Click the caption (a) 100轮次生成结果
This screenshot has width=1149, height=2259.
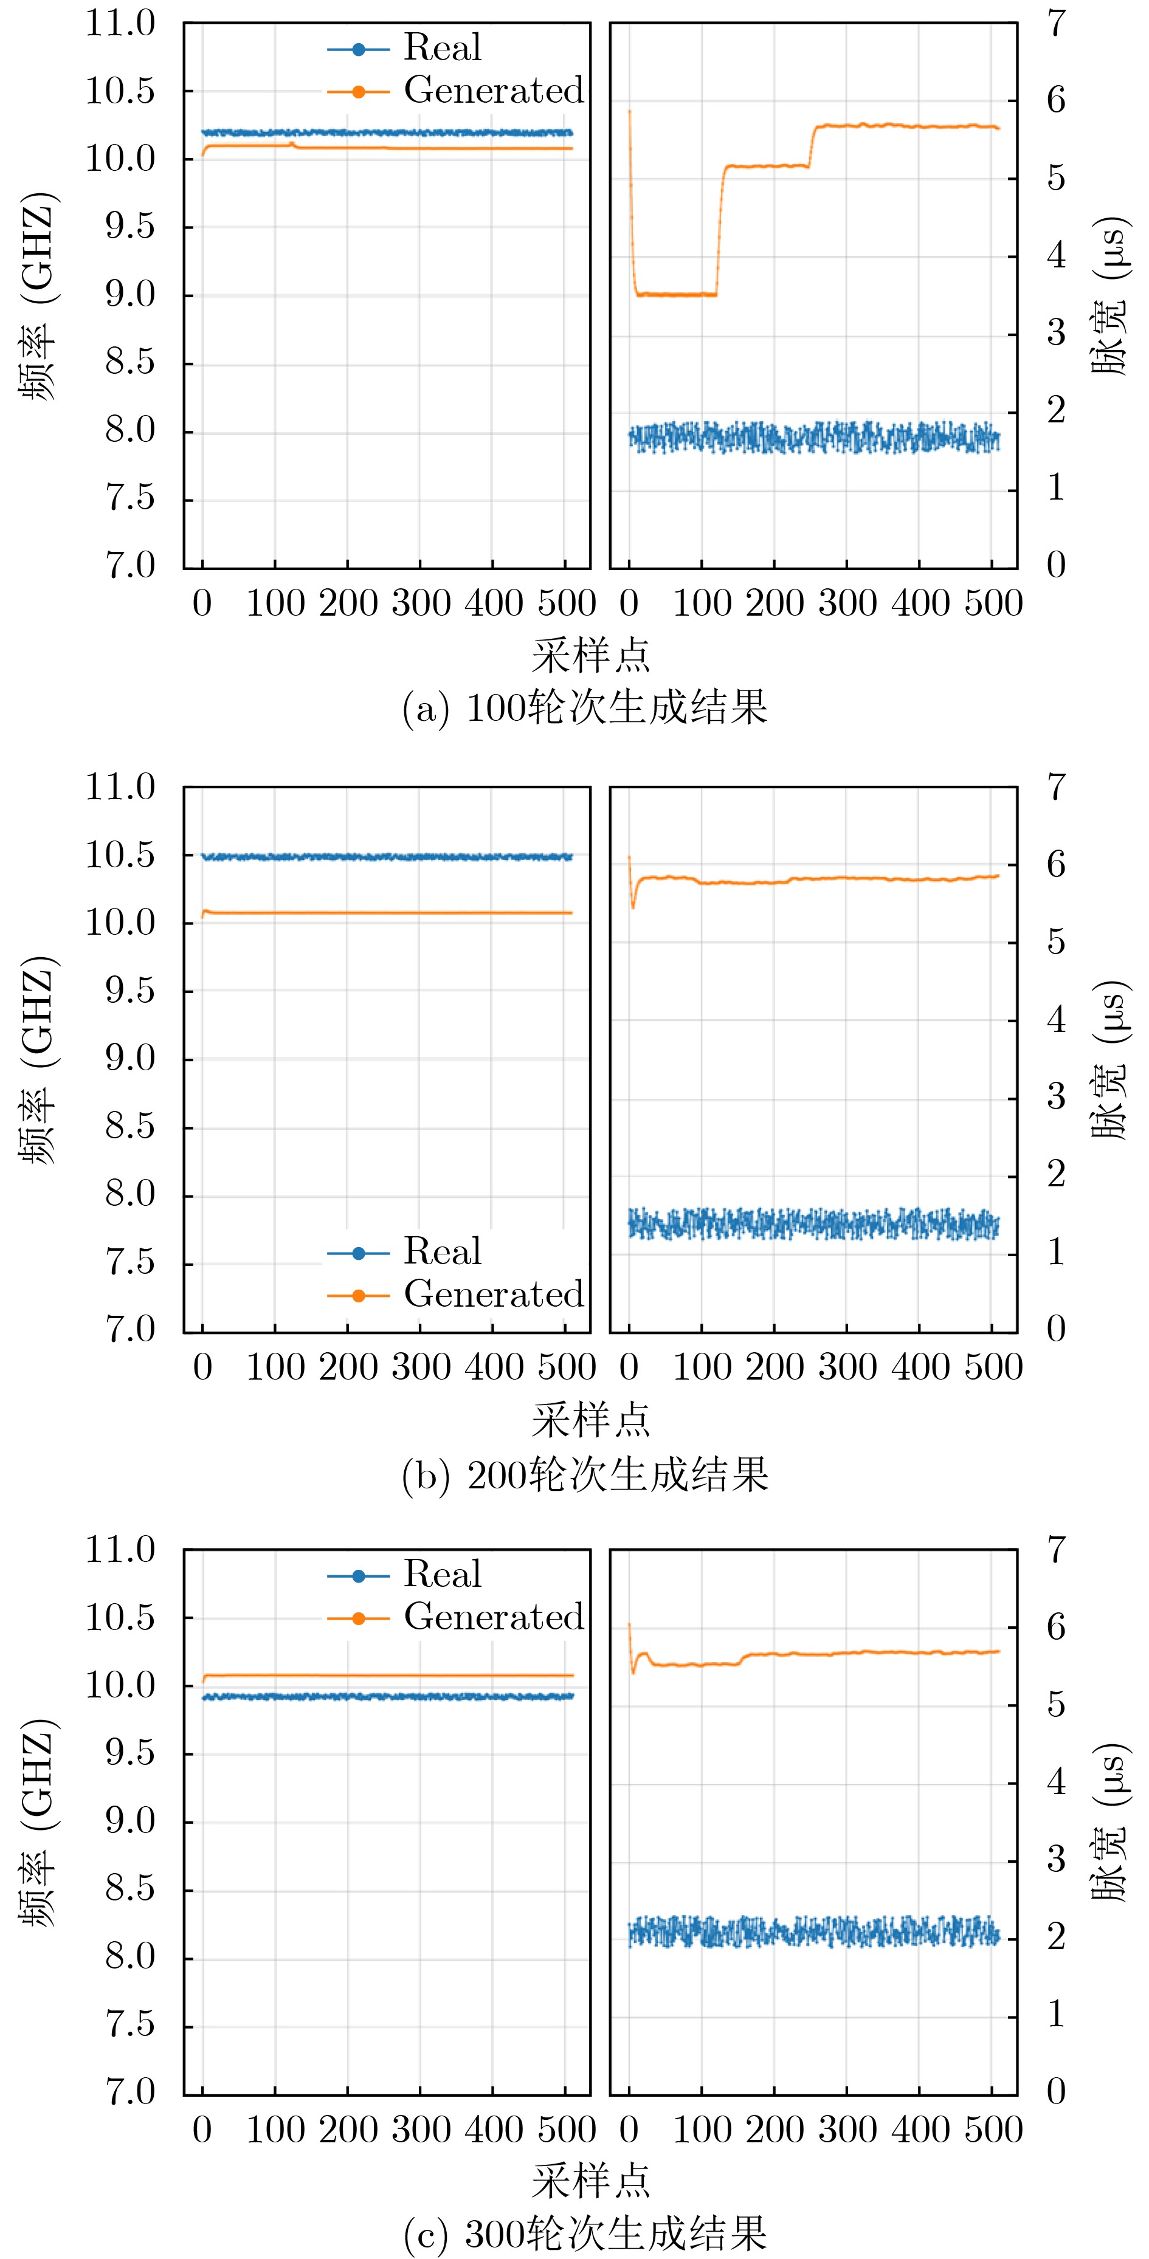pos(585,707)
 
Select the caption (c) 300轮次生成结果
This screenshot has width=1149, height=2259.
pos(585,2235)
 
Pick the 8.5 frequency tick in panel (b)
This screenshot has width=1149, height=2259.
pos(130,1127)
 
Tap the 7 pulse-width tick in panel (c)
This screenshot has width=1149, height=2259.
pos(1056,1550)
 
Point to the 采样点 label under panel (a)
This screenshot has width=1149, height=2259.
pos(590,655)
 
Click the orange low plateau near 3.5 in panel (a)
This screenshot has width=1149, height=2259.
pos(675,295)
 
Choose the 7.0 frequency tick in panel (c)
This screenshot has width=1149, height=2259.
pos(130,2092)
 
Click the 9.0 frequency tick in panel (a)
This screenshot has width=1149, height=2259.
pos(130,295)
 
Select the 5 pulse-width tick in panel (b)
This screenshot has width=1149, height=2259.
pos(1056,942)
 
